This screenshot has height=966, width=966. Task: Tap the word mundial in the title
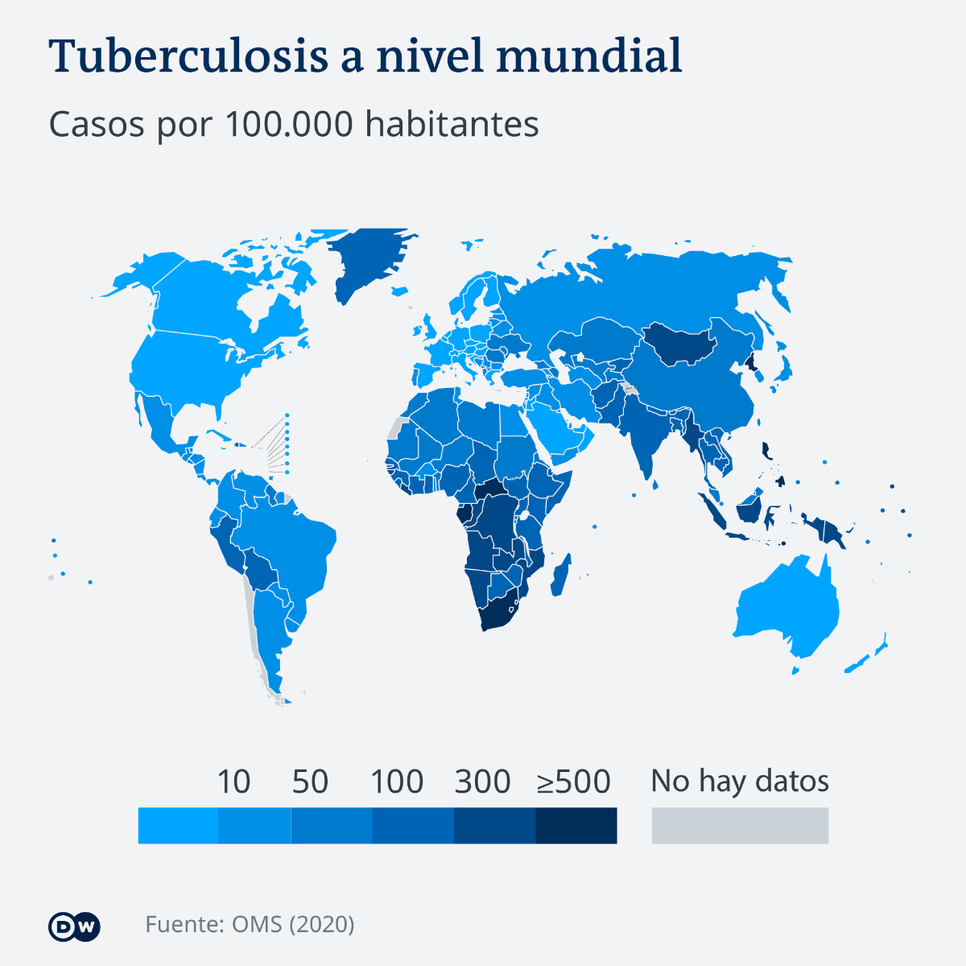tap(589, 56)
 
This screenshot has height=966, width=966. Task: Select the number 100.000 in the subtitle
tap(288, 124)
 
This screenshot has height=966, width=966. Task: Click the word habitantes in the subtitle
tap(452, 124)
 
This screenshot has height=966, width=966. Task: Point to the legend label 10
tap(233, 782)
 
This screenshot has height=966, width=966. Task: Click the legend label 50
tap(310, 782)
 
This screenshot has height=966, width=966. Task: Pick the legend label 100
tap(397, 782)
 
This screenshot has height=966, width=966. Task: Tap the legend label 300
tap(482, 782)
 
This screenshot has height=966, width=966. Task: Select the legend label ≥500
tap(574, 782)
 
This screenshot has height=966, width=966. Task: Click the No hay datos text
tap(740, 781)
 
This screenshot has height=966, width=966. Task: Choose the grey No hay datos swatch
tap(740, 826)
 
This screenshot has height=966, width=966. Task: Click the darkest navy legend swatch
tap(576, 826)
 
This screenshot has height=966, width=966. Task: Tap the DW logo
tap(74, 927)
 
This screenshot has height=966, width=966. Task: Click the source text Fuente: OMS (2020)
tap(250, 923)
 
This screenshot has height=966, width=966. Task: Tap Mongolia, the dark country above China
tap(680, 342)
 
